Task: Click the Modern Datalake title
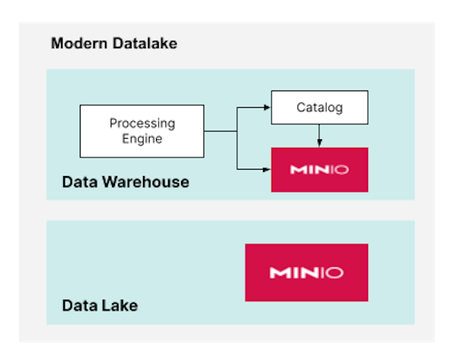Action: tap(114, 44)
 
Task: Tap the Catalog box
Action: tap(319, 108)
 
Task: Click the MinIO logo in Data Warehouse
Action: tap(319, 170)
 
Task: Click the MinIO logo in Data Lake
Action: tap(306, 272)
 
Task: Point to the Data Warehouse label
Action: tap(125, 182)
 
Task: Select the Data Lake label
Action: tap(99, 305)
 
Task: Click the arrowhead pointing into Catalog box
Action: tap(267, 108)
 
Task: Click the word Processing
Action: tap(142, 124)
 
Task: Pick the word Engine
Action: tap(142, 139)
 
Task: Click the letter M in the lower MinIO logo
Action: tap(277, 273)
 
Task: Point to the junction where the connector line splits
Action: tap(237, 131)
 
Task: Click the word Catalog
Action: tap(319, 108)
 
